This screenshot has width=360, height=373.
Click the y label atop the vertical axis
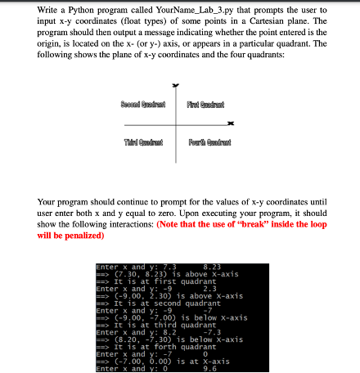[173, 83]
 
